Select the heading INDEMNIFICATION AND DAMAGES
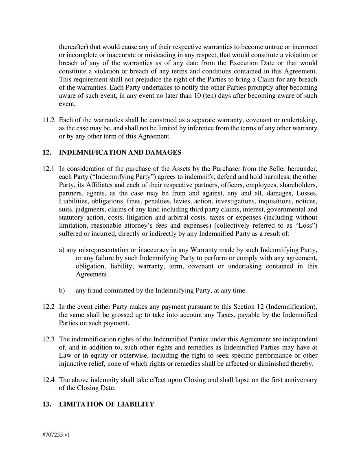click(120, 153)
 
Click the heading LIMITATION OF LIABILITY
click(107, 404)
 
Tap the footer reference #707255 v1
click(56, 435)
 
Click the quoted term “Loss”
click(306, 226)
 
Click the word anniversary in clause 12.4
click(300, 380)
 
